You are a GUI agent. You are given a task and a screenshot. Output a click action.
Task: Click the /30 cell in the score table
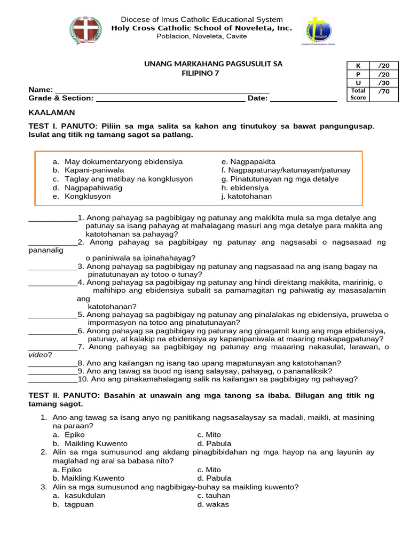coord(384,83)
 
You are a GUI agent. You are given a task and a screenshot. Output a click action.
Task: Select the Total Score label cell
coord(358,95)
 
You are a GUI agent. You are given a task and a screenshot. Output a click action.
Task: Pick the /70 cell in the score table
coord(384,91)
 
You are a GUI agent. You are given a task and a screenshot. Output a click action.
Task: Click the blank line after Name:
coord(162,90)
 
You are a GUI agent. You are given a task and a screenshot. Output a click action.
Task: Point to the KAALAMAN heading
coord(51,113)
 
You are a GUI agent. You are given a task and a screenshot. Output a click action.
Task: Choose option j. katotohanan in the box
coord(246,196)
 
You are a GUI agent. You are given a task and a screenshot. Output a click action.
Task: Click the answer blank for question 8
coord(52,363)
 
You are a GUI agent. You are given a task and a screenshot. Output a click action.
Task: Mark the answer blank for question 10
coord(52,380)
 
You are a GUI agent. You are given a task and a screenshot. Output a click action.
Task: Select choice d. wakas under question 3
coord(213,504)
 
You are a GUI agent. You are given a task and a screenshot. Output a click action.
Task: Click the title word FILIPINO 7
coord(200,73)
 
